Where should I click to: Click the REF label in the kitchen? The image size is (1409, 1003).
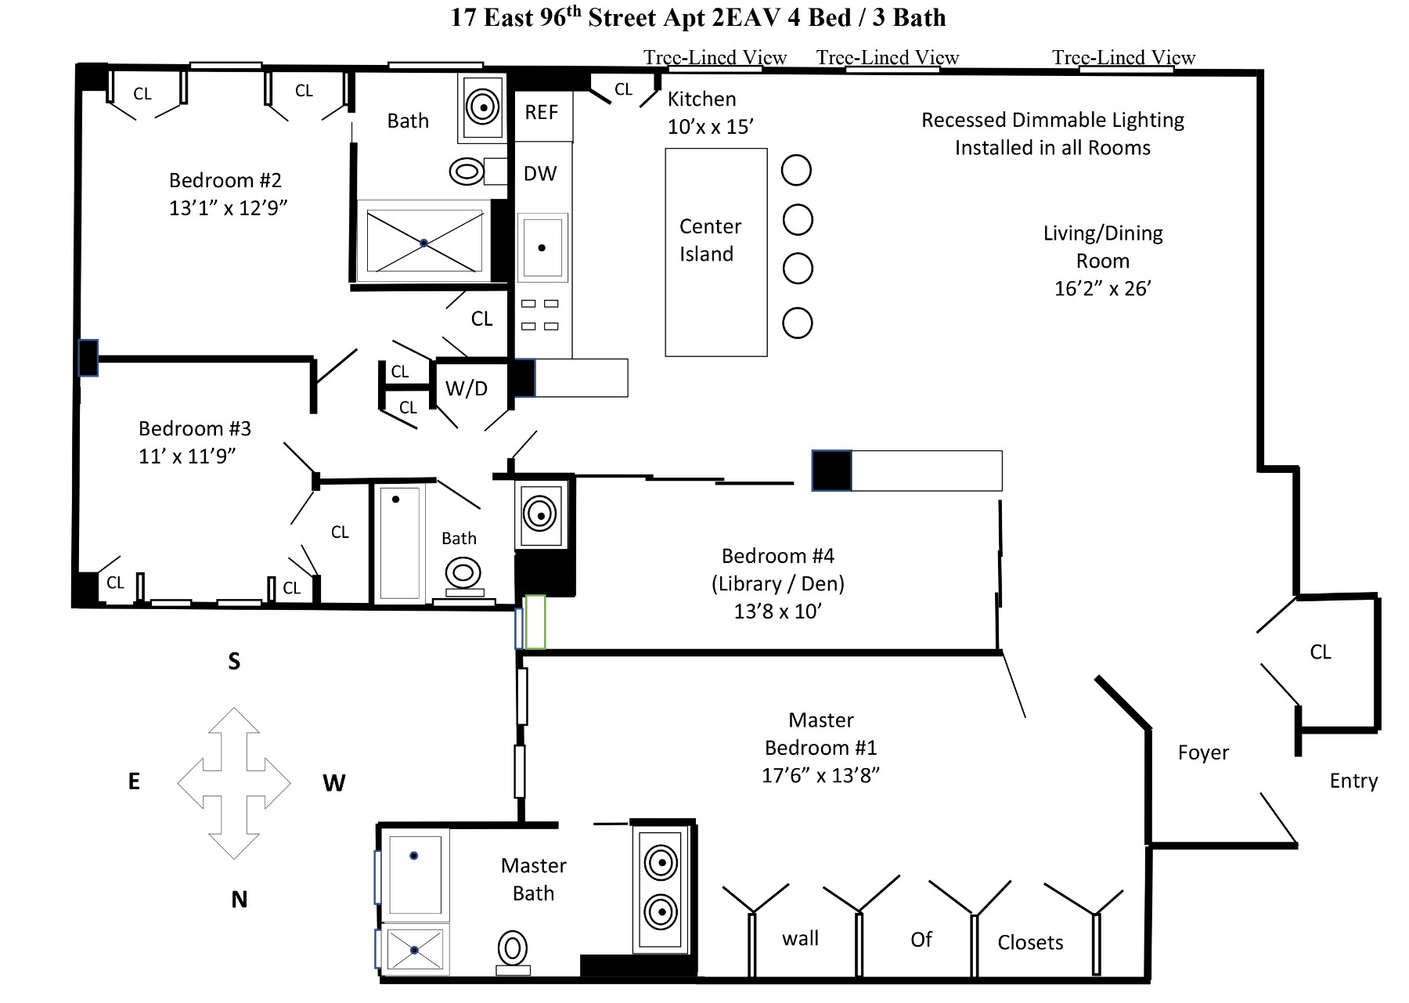pos(541,113)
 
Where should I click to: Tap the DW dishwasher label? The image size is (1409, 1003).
pos(540,174)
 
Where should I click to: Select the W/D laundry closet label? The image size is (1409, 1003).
pos(467,388)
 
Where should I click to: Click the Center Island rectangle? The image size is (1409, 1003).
pos(715,252)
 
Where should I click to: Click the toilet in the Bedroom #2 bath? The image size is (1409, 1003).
pos(467,171)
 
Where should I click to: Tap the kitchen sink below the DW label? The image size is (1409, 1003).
pos(542,248)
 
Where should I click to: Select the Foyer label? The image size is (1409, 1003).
pos(1203,752)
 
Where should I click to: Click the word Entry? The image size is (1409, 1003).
pos(1353,781)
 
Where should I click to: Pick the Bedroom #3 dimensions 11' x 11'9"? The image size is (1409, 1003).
pos(187,456)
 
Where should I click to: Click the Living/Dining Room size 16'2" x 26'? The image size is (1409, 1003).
pos(1102,289)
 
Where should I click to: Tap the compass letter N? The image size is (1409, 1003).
pos(240,900)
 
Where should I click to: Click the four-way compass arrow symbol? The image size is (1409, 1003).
pos(234,783)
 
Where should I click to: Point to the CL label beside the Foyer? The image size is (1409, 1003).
pos(1321,652)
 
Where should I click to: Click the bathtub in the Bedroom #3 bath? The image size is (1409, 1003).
pos(399,543)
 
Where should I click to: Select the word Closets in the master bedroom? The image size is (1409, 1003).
pos(1030,943)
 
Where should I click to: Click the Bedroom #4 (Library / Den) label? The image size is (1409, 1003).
pos(778,570)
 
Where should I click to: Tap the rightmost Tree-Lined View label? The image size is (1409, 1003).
pos(1123,57)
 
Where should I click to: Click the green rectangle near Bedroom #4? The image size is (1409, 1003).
pos(535,622)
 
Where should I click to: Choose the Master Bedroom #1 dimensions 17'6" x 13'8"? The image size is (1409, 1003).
pos(820,776)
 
